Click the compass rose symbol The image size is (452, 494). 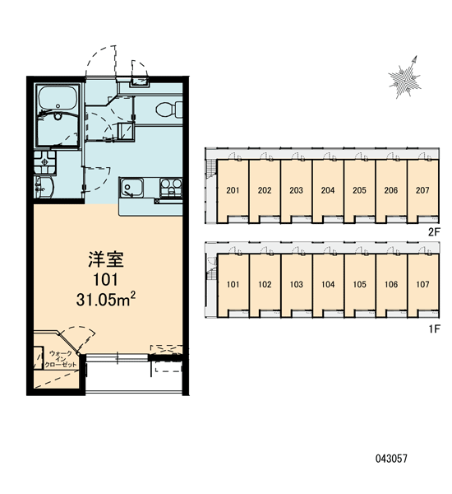point(404,77)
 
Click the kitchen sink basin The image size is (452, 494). point(131,187)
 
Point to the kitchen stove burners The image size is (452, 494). point(171,188)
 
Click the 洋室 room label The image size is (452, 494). point(106,259)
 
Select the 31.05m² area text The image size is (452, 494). point(106,299)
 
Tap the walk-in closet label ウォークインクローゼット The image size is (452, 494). point(60,359)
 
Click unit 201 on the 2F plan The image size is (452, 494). point(233,190)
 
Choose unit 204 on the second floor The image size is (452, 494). point(328,190)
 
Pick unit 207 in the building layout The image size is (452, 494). point(422,190)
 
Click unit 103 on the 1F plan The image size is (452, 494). point(297,285)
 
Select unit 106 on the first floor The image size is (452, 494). point(391,285)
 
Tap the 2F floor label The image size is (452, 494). point(434,232)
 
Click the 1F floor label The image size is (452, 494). point(434,329)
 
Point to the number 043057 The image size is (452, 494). point(391,459)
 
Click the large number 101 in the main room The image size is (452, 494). point(106,279)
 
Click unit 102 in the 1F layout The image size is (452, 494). point(265,285)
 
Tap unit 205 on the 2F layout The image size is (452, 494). point(359,190)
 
